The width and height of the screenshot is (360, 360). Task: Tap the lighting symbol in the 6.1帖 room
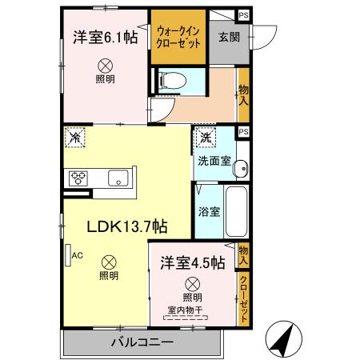coord(104,66)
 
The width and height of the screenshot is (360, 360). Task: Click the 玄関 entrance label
coord(221,36)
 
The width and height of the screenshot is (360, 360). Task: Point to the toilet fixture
coord(170,80)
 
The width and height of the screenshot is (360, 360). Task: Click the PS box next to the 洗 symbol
coord(243,132)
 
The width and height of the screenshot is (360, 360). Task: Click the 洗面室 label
coord(214,161)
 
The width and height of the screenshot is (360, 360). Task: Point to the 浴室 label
coord(209,212)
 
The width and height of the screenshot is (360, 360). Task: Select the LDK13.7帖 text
coord(127,227)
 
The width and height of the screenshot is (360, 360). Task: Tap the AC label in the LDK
coord(78,255)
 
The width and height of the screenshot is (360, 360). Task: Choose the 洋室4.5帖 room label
coord(192,262)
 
